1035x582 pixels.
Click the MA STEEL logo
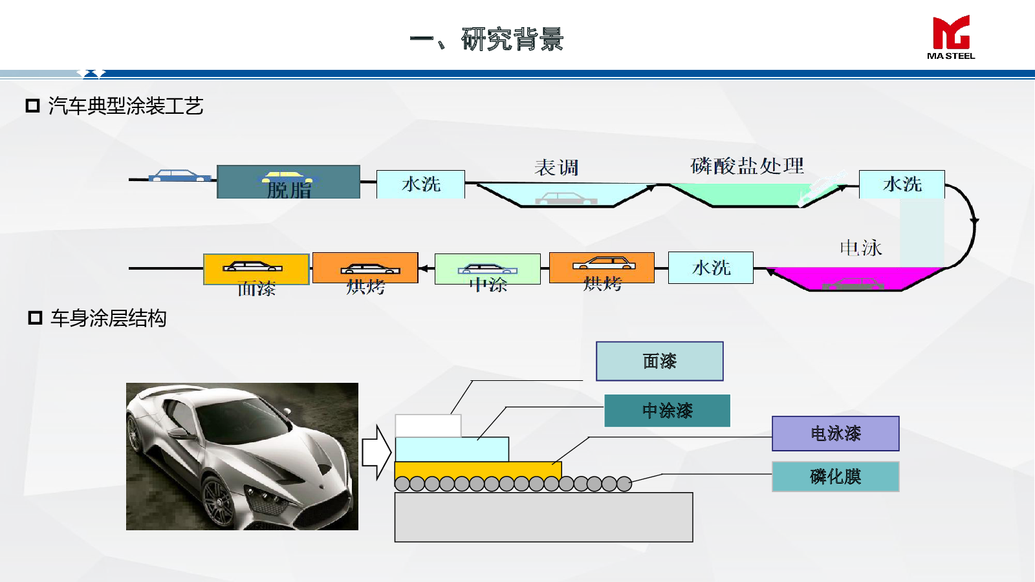(x=950, y=38)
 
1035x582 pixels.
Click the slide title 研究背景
(x=512, y=39)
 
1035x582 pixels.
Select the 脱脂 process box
(x=289, y=182)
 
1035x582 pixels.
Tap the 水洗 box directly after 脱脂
(x=420, y=184)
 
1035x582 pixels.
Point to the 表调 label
(x=556, y=168)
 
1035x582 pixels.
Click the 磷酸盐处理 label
(x=747, y=166)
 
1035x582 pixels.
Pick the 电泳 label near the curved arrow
(x=860, y=248)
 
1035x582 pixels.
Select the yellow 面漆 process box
(x=256, y=269)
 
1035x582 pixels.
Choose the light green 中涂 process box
(x=488, y=269)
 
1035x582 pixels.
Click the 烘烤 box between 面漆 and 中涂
(x=365, y=268)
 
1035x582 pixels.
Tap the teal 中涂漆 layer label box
(x=667, y=411)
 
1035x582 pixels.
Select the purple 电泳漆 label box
(x=835, y=433)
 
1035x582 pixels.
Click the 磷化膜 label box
(x=835, y=477)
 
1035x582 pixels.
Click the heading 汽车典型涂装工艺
(x=126, y=106)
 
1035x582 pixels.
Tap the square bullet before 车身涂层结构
(x=35, y=318)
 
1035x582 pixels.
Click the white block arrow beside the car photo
(x=376, y=452)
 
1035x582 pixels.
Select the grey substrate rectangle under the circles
(x=543, y=517)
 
